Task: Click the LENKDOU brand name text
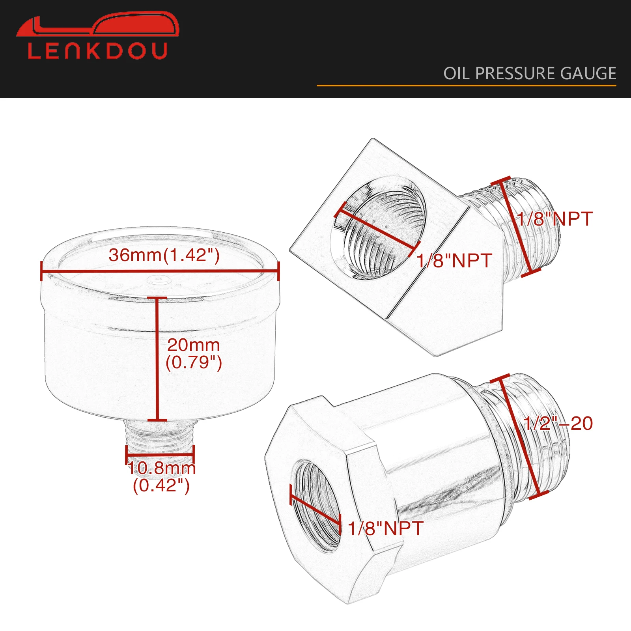click(x=98, y=51)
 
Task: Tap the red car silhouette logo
click(x=98, y=24)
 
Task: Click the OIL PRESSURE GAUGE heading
click(x=530, y=73)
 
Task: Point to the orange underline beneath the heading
click(x=467, y=85)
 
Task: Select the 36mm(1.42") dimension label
click(x=164, y=255)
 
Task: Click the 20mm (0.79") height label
click(x=194, y=354)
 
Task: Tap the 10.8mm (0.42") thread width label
click(x=162, y=477)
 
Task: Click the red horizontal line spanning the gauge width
click(x=160, y=271)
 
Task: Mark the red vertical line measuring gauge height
click(x=157, y=359)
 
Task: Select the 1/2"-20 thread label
click(x=558, y=424)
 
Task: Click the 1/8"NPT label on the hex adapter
click(x=385, y=528)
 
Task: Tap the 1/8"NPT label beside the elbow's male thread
click(x=554, y=219)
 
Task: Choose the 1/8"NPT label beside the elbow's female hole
click(x=454, y=261)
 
